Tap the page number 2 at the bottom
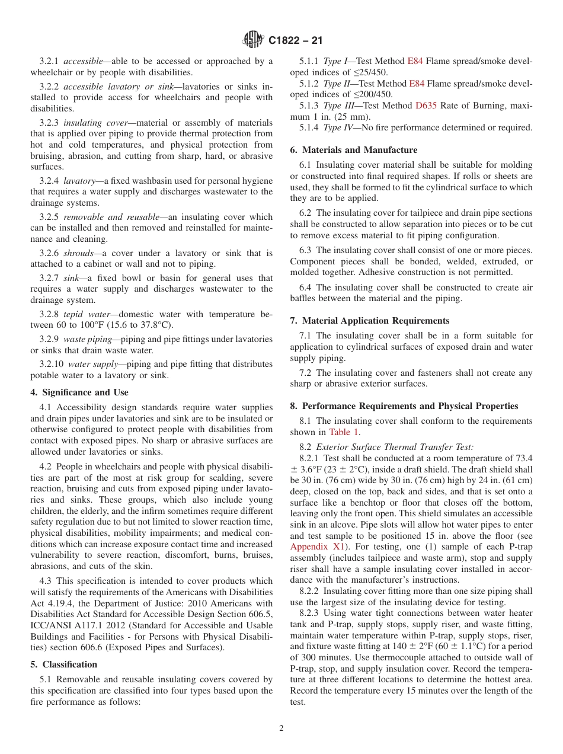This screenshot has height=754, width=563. [x=281, y=729]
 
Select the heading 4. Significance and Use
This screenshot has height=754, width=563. [x=79, y=392]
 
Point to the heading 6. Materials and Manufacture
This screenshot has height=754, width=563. [x=354, y=150]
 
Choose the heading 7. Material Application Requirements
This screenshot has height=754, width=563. [x=370, y=321]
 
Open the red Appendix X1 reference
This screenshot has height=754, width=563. [x=316, y=547]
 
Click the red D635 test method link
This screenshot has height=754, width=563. [x=426, y=106]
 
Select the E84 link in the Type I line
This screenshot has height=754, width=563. [x=415, y=61]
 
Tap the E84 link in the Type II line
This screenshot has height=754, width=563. [x=417, y=84]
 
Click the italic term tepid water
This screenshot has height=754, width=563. [x=83, y=314]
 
